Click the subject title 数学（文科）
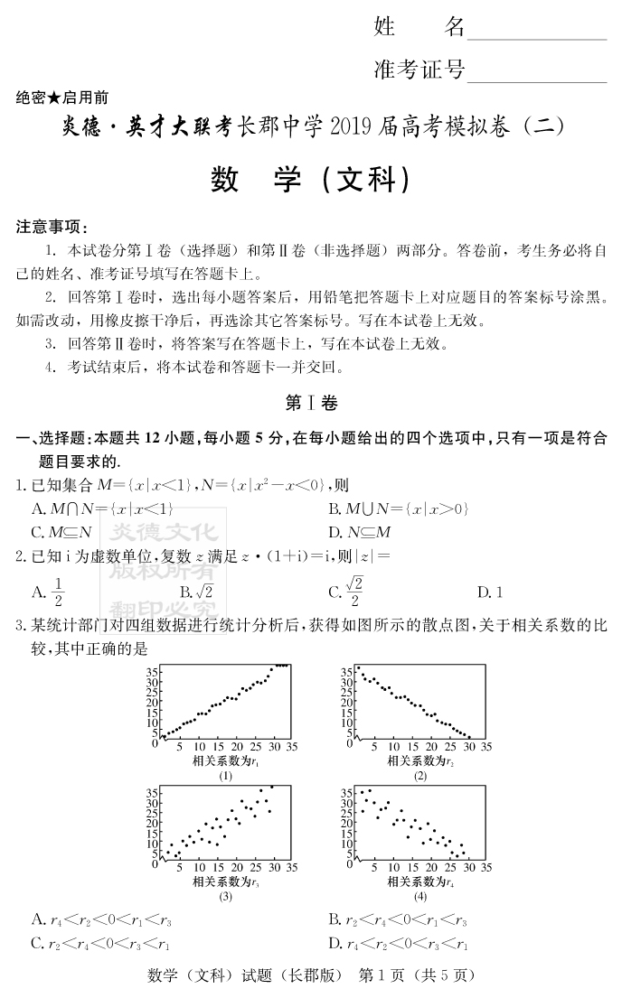(311, 180)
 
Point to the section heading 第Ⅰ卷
(311, 403)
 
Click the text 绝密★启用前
(62, 98)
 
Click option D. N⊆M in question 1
(360, 532)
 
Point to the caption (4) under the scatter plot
(420, 897)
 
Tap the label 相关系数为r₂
(420, 761)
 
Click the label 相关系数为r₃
(225, 881)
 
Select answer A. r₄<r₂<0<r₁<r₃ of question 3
(101, 920)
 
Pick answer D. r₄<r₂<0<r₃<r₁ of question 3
(399, 944)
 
